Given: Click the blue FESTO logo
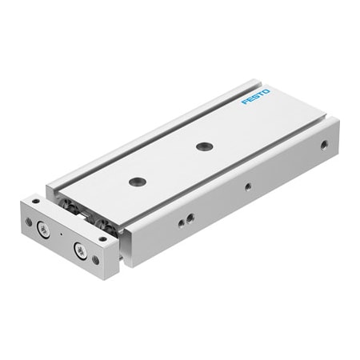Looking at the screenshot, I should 256,99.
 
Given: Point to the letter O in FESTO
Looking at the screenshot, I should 266,94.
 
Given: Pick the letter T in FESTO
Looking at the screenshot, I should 261,96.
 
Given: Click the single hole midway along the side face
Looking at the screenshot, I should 248,187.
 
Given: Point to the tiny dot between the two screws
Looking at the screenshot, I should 61,237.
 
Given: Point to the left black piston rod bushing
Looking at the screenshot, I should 78,210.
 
